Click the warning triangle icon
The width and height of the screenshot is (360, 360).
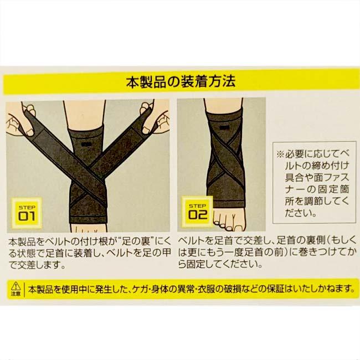15,285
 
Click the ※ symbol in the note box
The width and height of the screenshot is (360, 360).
280,153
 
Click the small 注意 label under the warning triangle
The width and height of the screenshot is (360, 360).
15,294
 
